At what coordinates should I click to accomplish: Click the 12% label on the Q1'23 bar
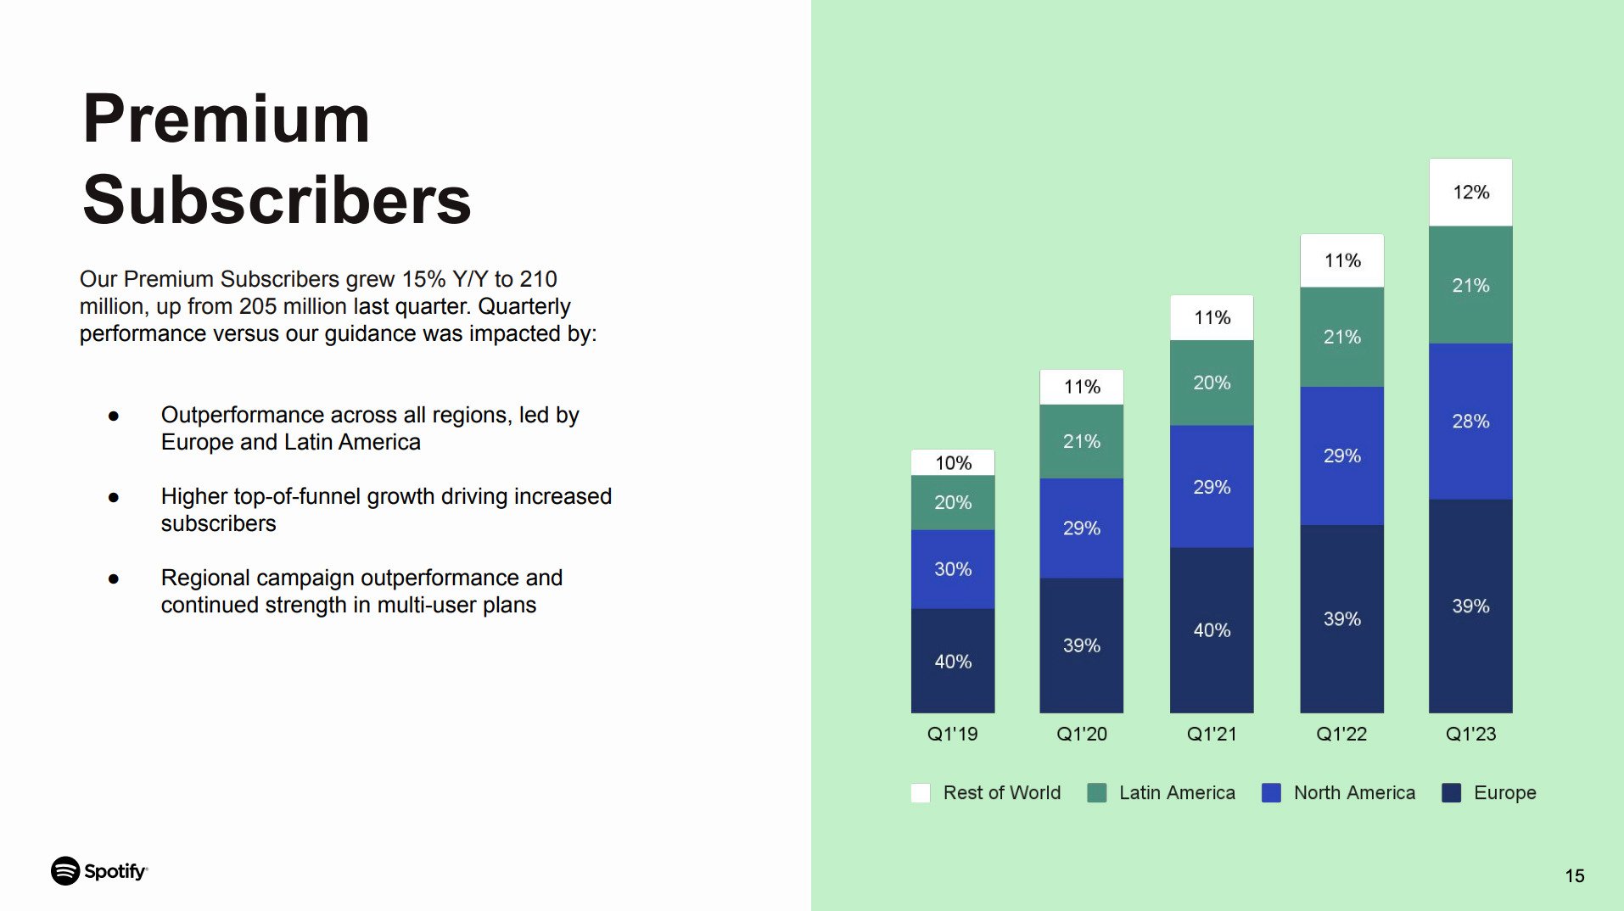point(1470,193)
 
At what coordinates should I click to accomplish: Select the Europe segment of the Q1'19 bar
point(952,660)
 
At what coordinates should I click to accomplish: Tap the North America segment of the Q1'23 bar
point(1470,421)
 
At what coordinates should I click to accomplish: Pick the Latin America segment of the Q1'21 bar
point(1212,383)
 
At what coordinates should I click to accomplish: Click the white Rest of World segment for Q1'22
point(1341,260)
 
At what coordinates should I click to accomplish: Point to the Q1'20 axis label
point(1081,734)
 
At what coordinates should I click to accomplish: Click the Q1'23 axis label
point(1470,734)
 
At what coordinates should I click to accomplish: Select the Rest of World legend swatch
point(921,793)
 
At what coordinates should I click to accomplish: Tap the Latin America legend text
point(1177,792)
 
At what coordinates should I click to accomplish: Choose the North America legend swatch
point(1271,793)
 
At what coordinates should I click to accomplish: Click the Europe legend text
point(1504,792)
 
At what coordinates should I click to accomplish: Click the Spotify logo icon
point(65,871)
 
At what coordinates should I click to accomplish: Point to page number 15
point(1574,875)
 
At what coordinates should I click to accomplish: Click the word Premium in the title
point(227,119)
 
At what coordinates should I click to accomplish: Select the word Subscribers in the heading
point(277,200)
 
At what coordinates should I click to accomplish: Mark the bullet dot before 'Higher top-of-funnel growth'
point(114,497)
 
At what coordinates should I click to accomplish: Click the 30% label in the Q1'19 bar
point(952,569)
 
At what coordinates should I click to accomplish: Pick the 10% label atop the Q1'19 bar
point(952,463)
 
